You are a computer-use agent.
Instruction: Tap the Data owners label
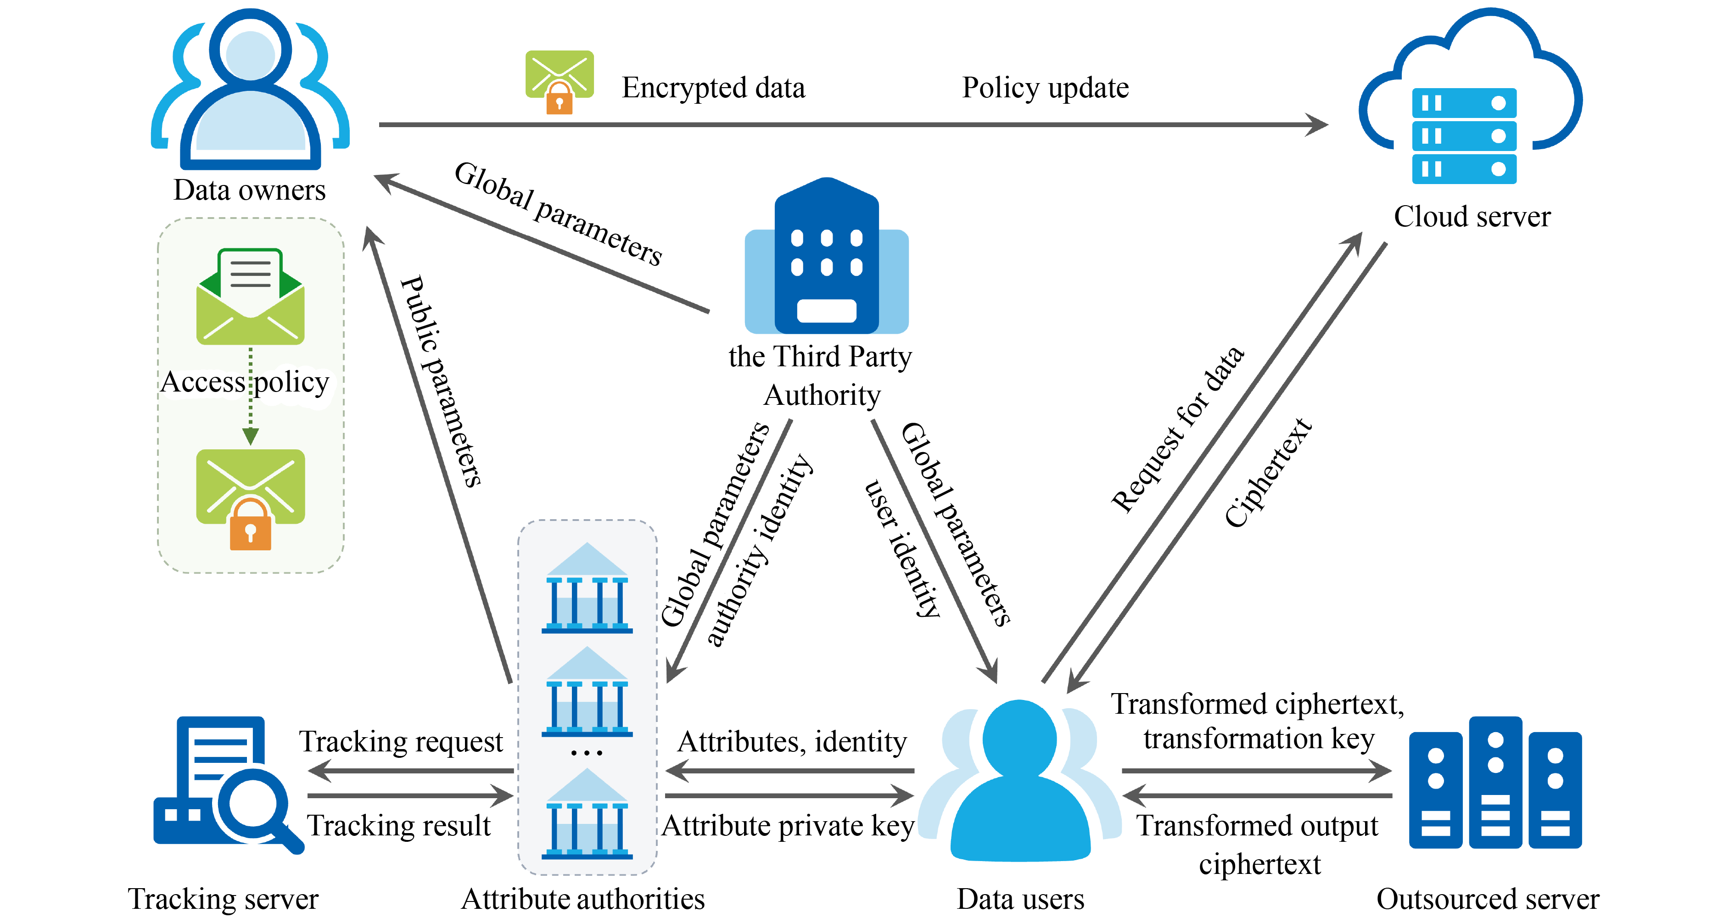pyautogui.click(x=249, y=190)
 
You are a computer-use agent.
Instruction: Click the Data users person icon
pyautogui.click(x=1019, y=781)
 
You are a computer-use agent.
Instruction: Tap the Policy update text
pyautogui.click(x=1045, y=88)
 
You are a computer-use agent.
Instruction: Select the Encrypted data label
pyautogui.click(x=712, y=88)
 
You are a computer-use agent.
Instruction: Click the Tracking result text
pyautogui.click(x=399, y=826)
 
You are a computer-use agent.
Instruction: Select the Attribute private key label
pyautogui.click(x=788, y=826)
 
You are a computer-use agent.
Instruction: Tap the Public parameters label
pyautogui.click(x=441, y=381)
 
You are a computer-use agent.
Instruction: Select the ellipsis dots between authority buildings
pyautogui.click(x=587, y=753)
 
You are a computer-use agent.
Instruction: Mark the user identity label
pyautogui.click(x=902, y=549)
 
